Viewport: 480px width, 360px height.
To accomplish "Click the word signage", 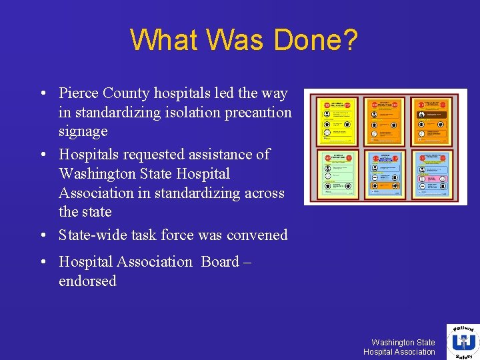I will pyautogui.click(x=83, y=132).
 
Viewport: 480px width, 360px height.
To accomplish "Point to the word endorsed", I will pyautogui.click(x=87, y=281).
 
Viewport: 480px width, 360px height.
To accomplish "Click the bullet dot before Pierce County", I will pyautogui.click(x=42, y=94).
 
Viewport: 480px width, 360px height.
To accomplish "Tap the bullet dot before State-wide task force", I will pyautogui.click(x=42, y=235).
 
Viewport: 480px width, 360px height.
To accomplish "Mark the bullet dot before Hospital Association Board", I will pyautogui.click(x=42, y=263).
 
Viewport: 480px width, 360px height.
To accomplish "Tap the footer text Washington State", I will pyautogui.click(x=403, y=342).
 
